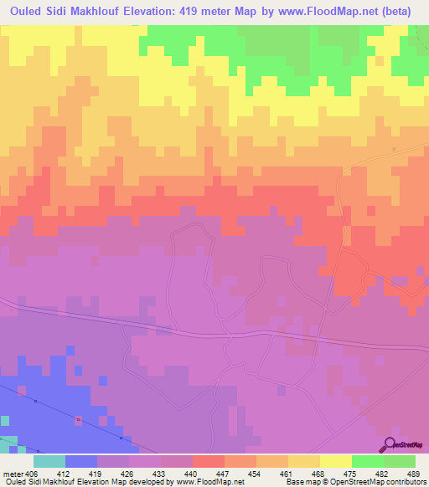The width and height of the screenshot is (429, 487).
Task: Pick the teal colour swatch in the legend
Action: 49,461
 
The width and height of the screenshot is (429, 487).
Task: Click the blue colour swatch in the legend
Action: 80,461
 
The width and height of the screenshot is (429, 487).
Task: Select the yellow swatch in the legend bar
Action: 336,461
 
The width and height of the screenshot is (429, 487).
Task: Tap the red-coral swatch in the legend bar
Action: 208,461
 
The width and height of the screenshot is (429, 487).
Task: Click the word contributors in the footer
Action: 405,482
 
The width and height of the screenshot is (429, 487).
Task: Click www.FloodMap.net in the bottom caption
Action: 216,482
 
